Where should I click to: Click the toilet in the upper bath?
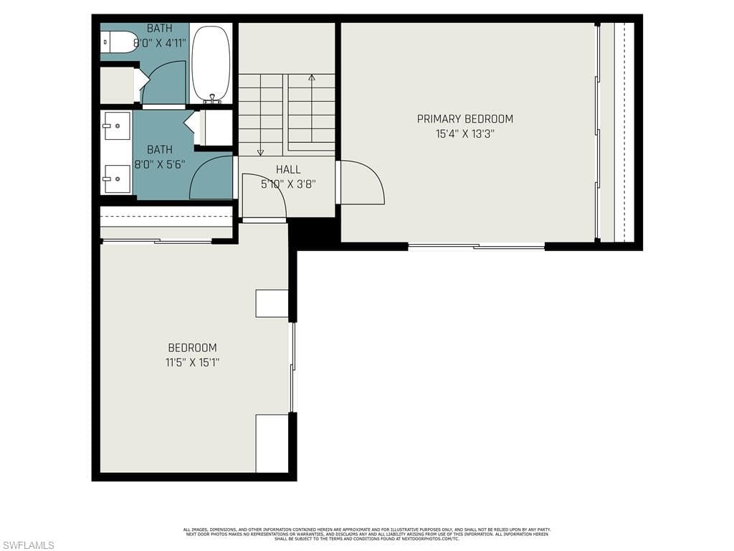point(119,42)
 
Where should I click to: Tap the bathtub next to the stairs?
point(211,63)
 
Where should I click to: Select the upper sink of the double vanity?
point(116,126)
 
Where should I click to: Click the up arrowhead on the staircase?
point(311,77)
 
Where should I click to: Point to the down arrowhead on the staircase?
point(260,151)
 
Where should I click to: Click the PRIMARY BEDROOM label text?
point(464,119)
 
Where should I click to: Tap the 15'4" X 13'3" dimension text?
point(464,133)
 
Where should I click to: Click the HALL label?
point(288,170)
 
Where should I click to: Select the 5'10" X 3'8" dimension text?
point(288,184)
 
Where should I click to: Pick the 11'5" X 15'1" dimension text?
point(192,362)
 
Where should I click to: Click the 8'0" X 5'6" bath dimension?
point(159,164)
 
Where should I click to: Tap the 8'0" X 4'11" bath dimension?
point(159,42)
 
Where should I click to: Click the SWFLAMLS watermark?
point(28,545)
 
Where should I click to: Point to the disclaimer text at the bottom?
point(366,534)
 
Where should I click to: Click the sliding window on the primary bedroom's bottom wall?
point(476,247)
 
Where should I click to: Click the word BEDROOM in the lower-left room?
point(192,348)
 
